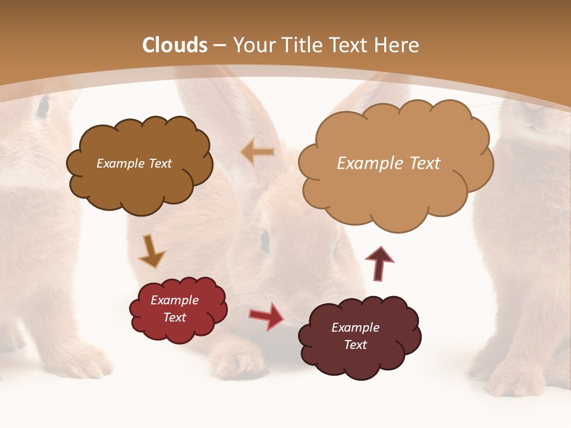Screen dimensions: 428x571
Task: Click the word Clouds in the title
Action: tap(175, 45)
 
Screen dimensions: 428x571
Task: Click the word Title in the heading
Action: tap(300, 45)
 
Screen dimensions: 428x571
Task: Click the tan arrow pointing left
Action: tap(258, 152)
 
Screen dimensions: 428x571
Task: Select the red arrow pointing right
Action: tap(266, 316)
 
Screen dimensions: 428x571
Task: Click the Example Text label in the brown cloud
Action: tap(134, 163)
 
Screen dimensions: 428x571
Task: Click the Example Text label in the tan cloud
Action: tap(388, 163)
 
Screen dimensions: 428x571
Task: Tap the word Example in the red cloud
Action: tap(174, 300)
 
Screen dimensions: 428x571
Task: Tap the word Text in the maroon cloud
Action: tap(355, 345)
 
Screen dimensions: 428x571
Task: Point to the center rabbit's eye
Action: tap(265, 239)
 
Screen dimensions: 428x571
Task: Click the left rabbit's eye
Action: tap(43, 107)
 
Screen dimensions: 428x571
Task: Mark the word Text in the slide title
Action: tap(351, 45)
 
